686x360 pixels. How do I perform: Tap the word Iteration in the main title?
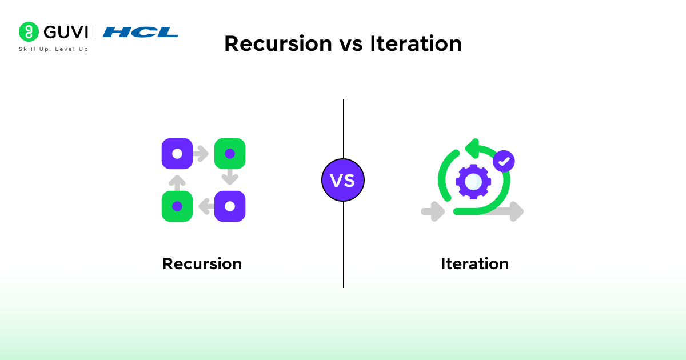[416, 44]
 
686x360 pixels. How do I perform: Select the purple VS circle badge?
[343, 180]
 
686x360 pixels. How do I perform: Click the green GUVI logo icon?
[29, 32]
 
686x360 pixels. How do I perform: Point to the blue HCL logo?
[141, 32]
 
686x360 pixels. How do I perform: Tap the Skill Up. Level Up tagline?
[54, 49]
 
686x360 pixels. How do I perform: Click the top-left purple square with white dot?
[177, 154]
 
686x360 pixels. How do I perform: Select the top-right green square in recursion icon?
[230, 154]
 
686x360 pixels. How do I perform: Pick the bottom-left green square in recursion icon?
[177, 206]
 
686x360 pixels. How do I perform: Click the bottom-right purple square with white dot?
[230, 206]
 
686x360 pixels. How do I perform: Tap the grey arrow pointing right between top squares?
[201, 154]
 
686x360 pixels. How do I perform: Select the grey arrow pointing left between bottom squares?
[205, 206]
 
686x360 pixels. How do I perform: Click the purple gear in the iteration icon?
[473, 182]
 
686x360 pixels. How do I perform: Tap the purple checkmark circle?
[504, 162]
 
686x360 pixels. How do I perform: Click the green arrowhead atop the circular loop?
[472, 149]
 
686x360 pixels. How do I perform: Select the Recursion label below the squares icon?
[202, 264]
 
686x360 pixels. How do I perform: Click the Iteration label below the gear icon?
[474, 264]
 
